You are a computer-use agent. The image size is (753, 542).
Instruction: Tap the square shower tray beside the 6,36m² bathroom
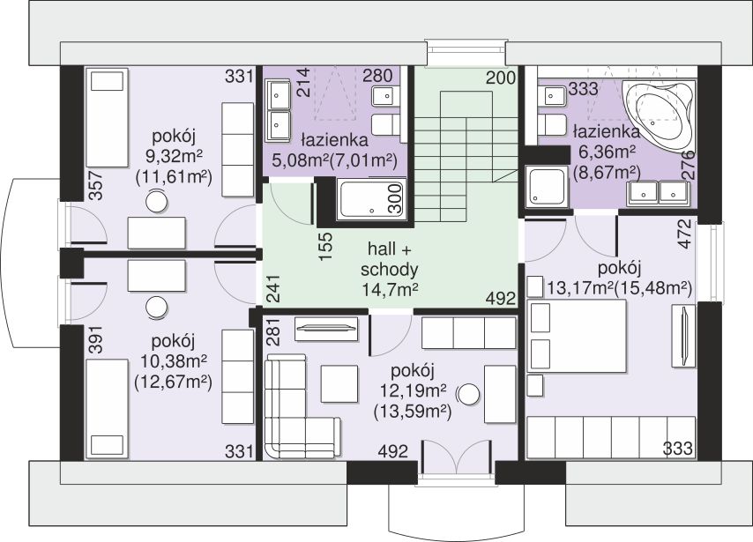click(547, 186)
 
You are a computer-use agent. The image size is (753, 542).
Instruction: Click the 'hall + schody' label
click(389, 259)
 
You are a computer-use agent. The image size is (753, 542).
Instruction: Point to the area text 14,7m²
click(390, 289)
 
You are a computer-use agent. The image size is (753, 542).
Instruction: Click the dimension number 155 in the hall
click(325, 246)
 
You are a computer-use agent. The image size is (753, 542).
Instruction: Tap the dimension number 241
click(272, 288)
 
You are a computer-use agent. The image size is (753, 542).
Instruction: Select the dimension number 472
click(685, 234)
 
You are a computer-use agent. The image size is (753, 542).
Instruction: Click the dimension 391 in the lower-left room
click(96, 340)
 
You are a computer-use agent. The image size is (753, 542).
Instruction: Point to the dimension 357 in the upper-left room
click(96, 185)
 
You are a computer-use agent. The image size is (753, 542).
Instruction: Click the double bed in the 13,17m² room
click(577, 336)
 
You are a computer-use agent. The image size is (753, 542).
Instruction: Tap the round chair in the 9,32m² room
click(157, 201)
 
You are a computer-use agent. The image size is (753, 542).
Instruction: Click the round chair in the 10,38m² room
click(157, 308)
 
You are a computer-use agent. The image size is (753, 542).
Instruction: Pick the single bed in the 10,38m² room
click(107, 408)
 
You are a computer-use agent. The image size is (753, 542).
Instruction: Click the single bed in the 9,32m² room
click(107, 118)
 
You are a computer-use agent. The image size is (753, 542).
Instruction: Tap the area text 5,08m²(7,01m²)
click(335, 160)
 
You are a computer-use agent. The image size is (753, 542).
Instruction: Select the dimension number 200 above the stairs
click(501, 78)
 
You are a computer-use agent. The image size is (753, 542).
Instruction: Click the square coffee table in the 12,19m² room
click(339, 384)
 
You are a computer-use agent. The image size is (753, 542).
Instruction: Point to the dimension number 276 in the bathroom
click(689, 165)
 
